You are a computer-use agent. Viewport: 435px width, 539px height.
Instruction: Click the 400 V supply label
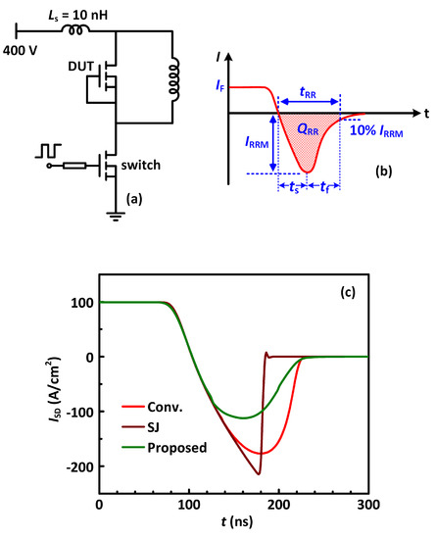click(x=21, y=48)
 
